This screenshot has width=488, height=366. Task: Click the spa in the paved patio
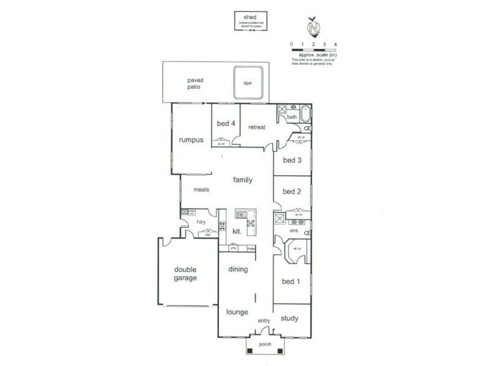pos(248,83)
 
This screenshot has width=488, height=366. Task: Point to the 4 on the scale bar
pos(335,45)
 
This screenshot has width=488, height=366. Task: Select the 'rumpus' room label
pos(190,140)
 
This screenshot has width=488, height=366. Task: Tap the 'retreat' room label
pos(257,127)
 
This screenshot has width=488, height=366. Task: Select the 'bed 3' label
pos(292,160)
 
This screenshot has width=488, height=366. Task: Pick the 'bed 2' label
pos(292,192)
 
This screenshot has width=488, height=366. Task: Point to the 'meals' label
pos(201,190)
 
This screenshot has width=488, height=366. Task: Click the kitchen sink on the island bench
pos(242,213)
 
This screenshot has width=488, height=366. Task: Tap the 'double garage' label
pos(185,274)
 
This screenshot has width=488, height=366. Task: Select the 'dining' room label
pos(239,270)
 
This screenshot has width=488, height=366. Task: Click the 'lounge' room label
pos(237,312)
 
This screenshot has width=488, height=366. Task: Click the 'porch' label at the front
pos(264,344)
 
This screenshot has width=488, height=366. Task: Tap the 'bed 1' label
pos(290,281)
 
